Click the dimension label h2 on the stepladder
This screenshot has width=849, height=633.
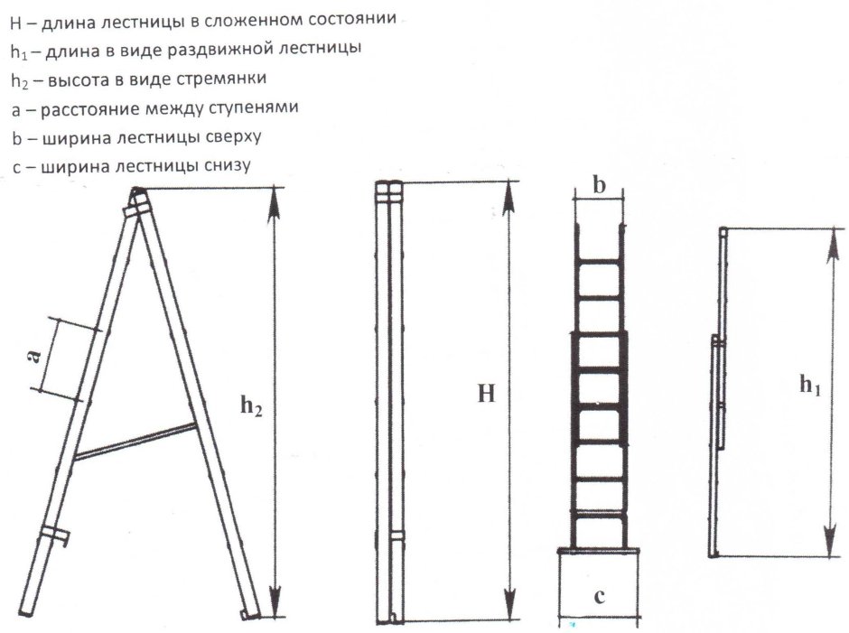point(251,407)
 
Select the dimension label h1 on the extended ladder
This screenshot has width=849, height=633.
point(809,385)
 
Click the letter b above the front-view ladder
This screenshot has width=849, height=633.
point(598,185)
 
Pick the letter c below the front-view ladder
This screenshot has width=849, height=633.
point(598,596)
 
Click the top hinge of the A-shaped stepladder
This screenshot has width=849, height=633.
point(137,194)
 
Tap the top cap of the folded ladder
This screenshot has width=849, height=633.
point(388,191)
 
